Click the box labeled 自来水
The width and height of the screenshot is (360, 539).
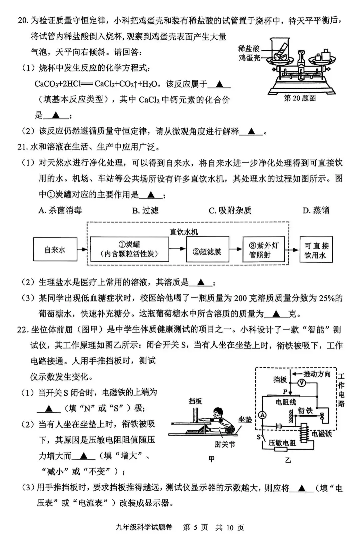coord(55,249)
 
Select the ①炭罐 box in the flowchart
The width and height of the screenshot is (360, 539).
coord(129,249)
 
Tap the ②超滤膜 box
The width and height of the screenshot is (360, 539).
coord(207,251)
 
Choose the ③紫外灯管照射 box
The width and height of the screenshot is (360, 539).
coord(263,250)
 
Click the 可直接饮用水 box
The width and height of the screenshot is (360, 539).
coord(316,250)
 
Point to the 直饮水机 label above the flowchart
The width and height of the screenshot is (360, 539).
coord(184,231)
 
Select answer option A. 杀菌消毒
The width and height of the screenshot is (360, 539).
coord(60,210)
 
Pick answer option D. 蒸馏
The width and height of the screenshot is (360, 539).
coord(316,210)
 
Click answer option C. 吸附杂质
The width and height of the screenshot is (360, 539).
coord(230,210)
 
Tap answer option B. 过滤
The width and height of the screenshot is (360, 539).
coord(145,210)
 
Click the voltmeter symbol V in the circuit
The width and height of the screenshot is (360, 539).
coord(301,383)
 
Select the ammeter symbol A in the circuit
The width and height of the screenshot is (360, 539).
coord(263,415)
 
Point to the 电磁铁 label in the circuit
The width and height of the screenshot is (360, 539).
coord(322,434)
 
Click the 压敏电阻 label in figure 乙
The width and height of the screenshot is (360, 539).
coord(282,443)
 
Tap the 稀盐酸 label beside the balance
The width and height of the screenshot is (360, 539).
coord(249,49)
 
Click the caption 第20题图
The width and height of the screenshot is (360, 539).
coord(300,98)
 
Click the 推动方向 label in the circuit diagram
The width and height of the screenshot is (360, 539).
coord(317,374)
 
